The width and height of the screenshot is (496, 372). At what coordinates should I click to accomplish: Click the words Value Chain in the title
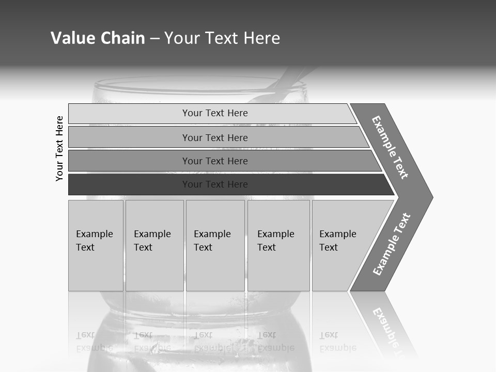98,38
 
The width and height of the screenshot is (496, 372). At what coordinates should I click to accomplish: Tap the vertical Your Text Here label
59,148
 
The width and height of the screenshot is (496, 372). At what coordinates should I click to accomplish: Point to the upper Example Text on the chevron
390,147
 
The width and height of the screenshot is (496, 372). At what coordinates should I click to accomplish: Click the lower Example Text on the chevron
391,244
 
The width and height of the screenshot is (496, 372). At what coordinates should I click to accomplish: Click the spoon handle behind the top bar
295,83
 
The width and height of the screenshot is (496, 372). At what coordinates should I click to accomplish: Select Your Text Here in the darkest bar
215,184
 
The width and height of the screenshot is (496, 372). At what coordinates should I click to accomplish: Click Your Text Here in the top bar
215,113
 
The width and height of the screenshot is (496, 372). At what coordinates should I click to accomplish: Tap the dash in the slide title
154,38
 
